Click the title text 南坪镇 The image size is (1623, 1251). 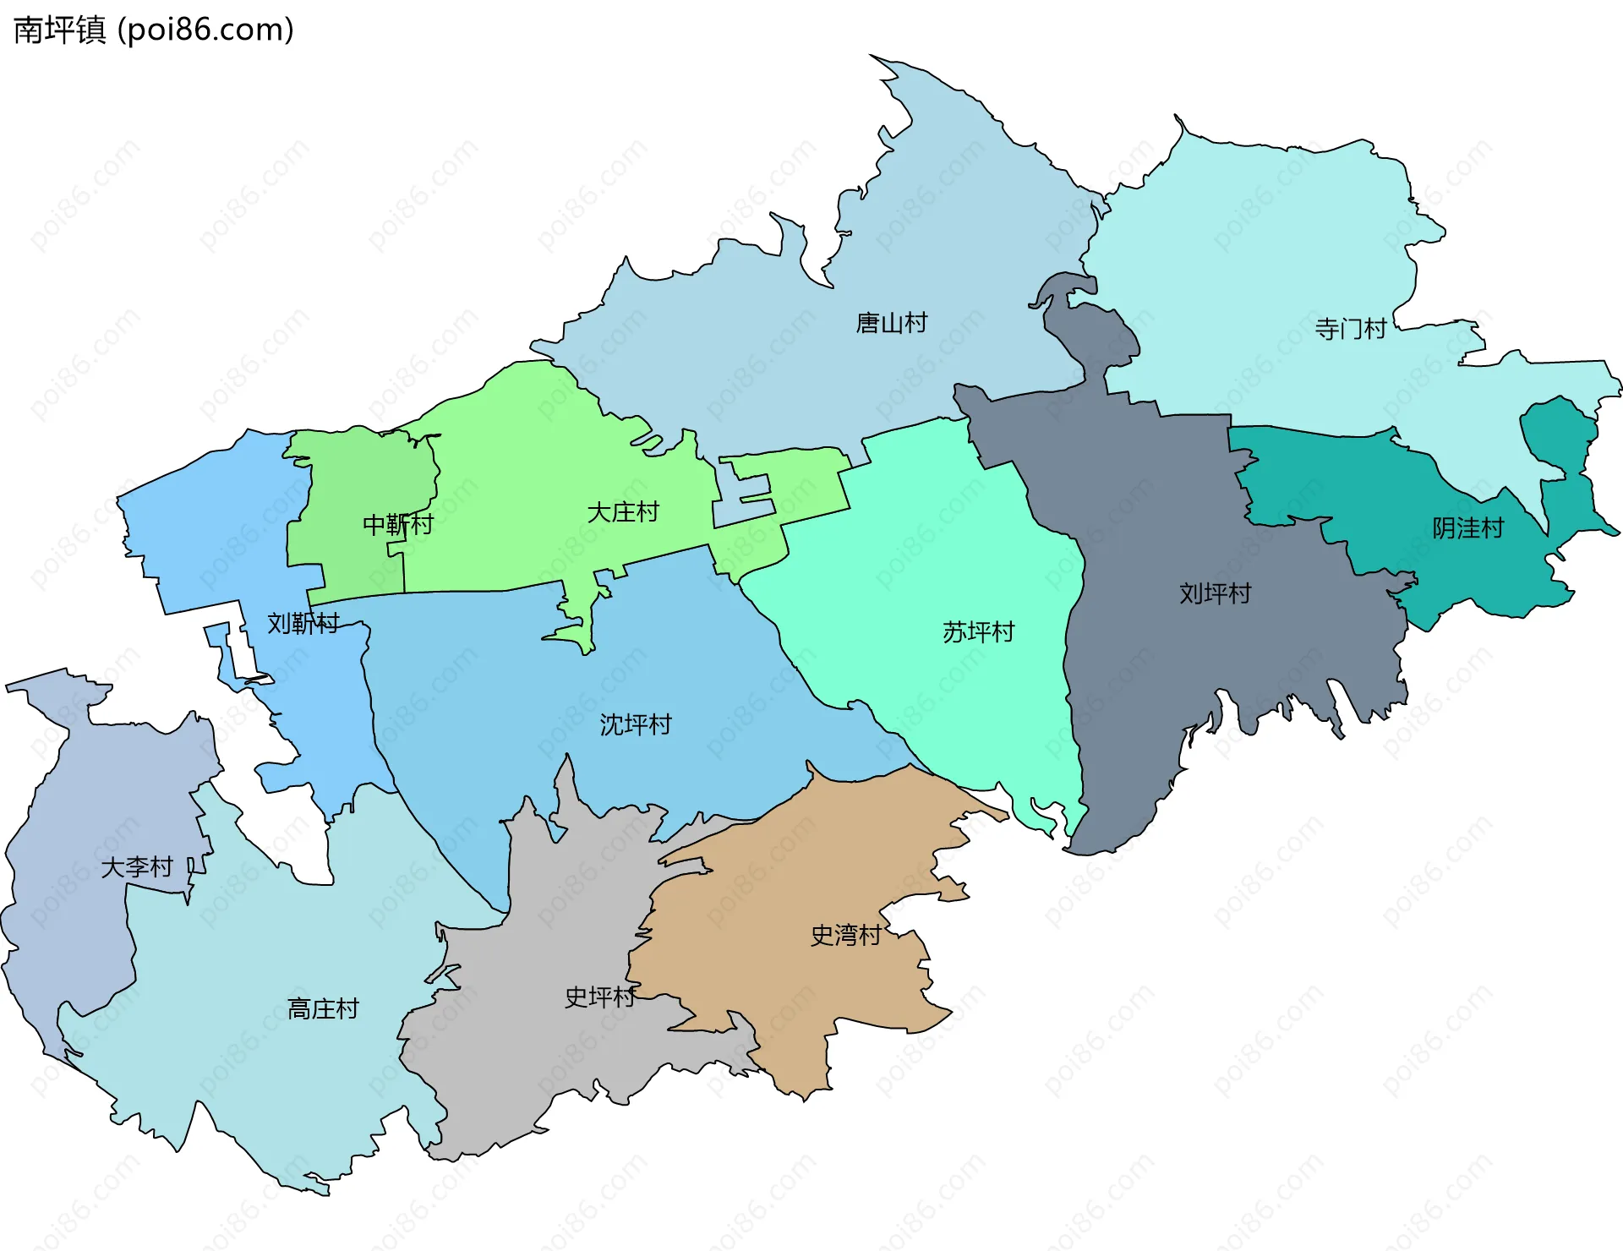click(59, 30)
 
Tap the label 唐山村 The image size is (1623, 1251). click(891, 323)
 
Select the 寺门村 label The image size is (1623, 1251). click(1350, 329)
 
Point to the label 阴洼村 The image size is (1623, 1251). click(1467, 528)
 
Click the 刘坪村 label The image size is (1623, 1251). click(1214, 593)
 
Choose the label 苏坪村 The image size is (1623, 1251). click(977, 632)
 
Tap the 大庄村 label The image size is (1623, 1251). click(622, 512)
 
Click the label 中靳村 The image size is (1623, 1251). click(397, 525)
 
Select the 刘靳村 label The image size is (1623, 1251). click(303, 624)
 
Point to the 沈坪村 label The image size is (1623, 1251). click(635, 724)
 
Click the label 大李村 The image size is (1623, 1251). click(136, 867)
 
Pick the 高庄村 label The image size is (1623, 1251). click(323, 1008)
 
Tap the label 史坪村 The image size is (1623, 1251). click(599, 997)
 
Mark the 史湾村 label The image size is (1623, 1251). click(845, 935)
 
